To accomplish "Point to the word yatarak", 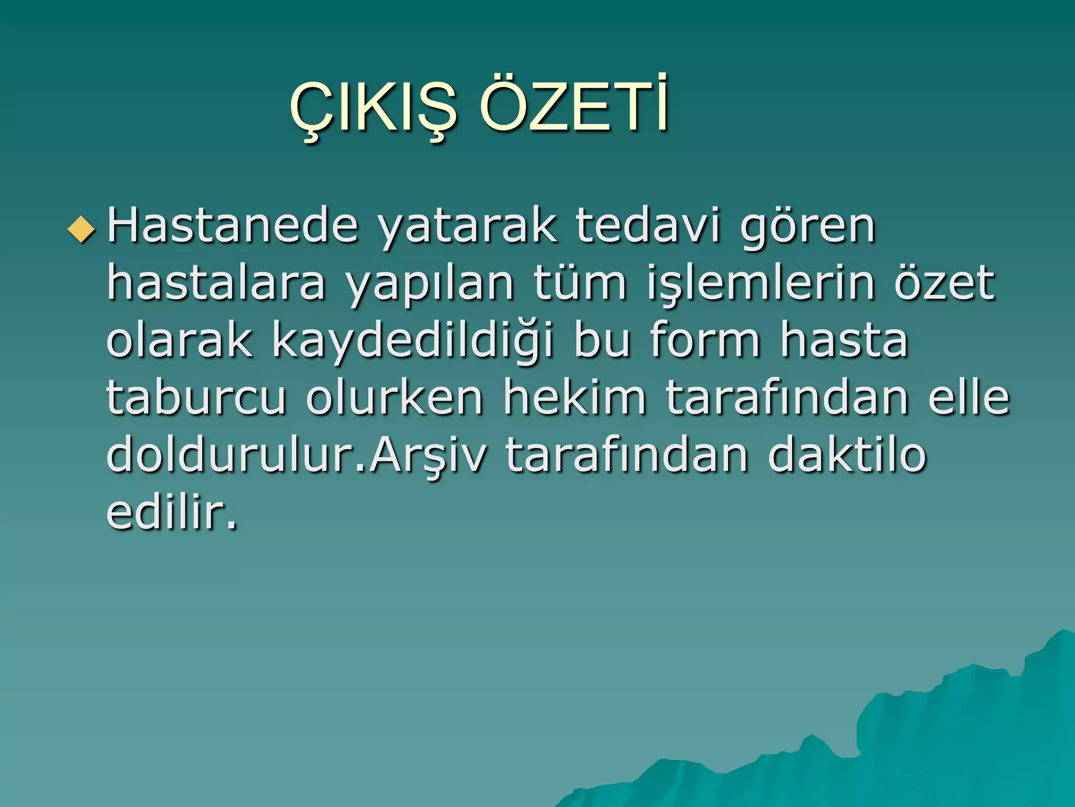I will tap(467, 227).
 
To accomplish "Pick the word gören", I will tap(808, 227).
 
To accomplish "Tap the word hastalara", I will tap(216, 283).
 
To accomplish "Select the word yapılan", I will tap(429, 284).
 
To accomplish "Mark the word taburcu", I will tap(196, 397).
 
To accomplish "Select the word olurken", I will tap(394, 397).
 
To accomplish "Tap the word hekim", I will tap(575, 397).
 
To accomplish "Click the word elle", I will tap(968, 397).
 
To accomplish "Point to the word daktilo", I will tap(847, 454).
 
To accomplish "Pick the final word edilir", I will tap(171, 512).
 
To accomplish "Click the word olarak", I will tap(179, 340).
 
